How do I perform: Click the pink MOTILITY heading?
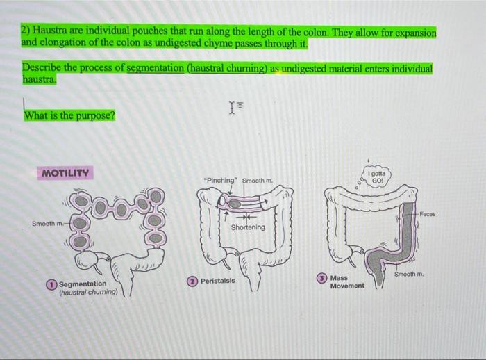point(65,172)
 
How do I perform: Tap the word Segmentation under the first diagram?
point(83,284)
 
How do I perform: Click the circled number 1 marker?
point(52,284)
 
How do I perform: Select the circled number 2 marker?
point(192,281)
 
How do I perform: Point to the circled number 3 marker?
point(321,277)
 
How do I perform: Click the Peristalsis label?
point(218,281)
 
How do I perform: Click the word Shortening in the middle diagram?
point(247,227)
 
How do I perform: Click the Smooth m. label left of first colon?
point(47,224)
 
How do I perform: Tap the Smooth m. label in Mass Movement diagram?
point(408,275)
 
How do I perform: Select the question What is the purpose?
point(69,115)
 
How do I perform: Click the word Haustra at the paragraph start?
point(47,33)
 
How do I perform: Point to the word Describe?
point(42,69)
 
